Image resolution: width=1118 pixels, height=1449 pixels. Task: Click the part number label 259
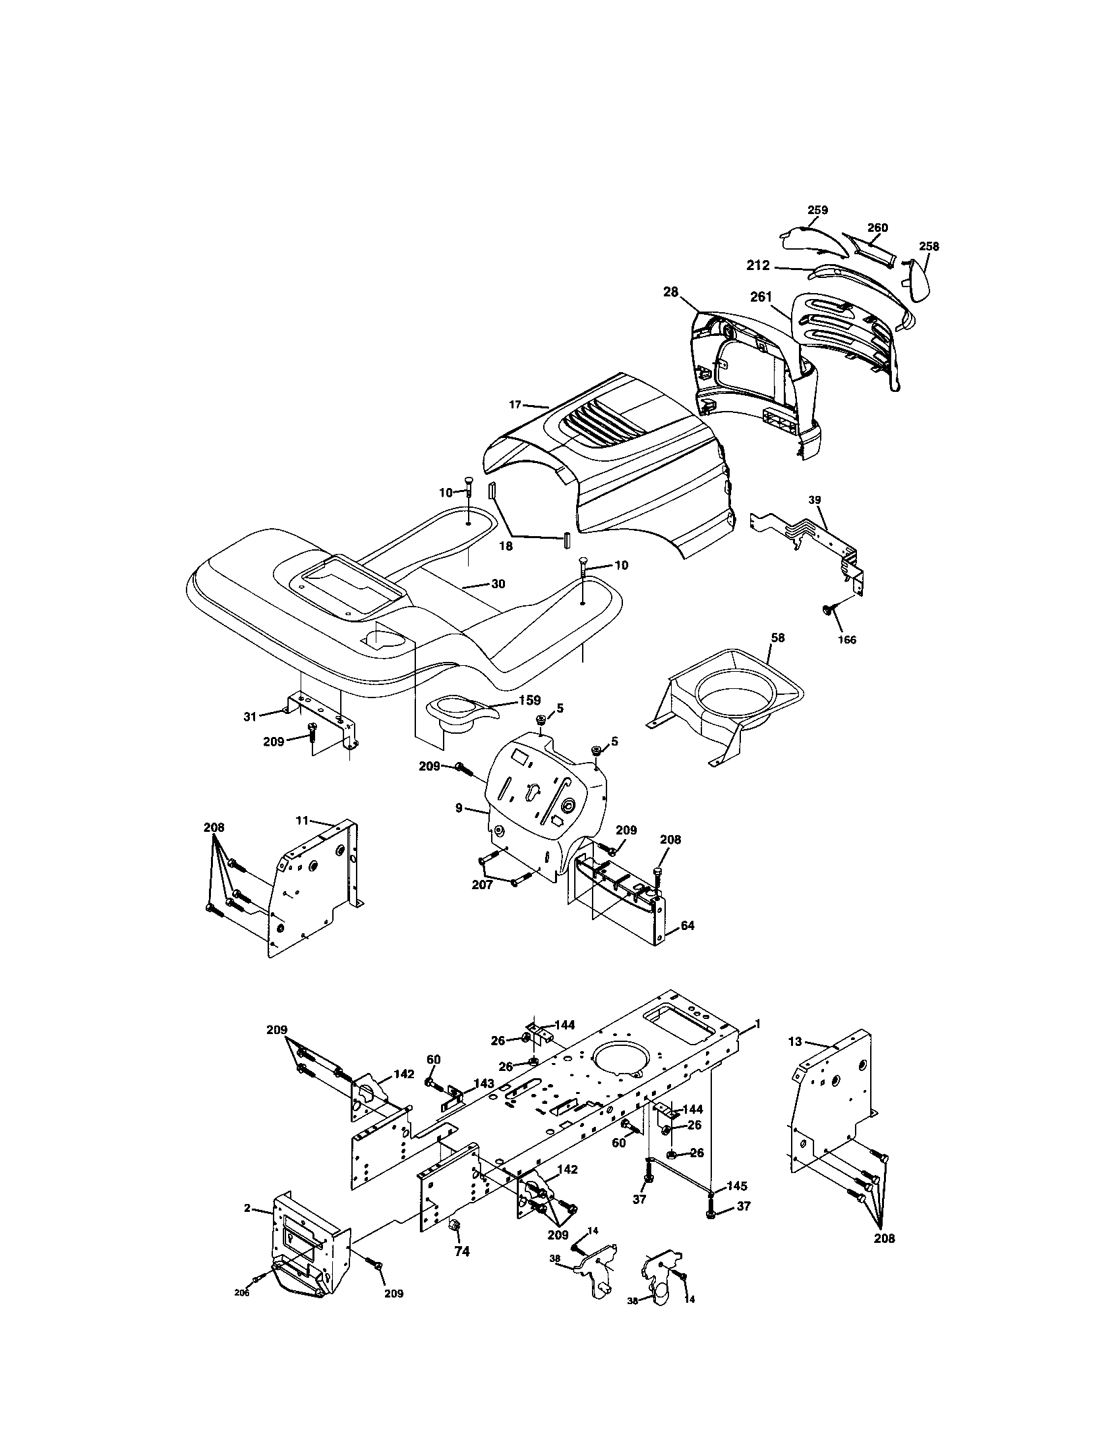point(817,210)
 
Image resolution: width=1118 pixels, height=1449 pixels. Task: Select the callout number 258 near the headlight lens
point(929,246)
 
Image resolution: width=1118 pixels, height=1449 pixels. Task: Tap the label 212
point(758,265)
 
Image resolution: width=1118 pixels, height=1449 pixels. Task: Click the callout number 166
point(847,640)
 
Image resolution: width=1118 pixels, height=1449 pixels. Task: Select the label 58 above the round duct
point(777,638)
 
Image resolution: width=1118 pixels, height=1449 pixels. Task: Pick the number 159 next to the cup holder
point(531,700)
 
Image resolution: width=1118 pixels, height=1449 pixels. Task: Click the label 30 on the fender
point(498,584)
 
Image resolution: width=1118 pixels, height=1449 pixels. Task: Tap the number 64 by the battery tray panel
point(688,925)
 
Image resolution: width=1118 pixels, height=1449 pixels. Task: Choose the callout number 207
point(482,885)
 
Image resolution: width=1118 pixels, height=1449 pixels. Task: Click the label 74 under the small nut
point(461,1251)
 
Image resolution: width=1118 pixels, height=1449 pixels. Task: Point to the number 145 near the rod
point(738,1185)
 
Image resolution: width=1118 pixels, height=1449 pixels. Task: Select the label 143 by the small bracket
point(483,1083)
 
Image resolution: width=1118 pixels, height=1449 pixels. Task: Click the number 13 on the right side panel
point(796,1042)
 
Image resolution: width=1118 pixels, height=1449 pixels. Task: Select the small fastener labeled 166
point(828,609)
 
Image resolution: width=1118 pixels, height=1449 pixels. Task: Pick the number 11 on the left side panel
point(303,821)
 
